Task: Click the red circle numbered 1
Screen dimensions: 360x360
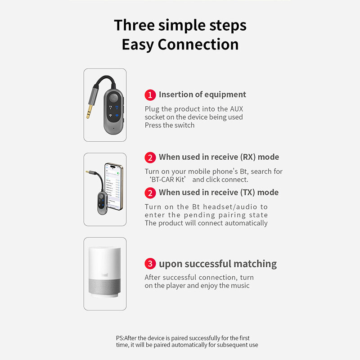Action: [150, 95]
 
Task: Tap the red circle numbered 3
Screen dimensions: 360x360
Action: [150, 264]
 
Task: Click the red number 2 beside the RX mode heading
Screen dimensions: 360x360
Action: [150, 157]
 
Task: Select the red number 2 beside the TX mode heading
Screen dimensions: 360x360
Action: [150, 193]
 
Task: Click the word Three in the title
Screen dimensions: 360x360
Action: [134, 25]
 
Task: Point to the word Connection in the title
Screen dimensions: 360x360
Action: [198, 44]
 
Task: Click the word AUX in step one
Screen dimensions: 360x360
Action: [237, 109]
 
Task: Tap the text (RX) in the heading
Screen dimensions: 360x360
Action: [248, 157]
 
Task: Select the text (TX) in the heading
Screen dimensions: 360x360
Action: [247, 193]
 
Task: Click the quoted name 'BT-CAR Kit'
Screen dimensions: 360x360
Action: [167, 180]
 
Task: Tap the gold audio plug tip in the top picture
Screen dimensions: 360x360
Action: [89, 112]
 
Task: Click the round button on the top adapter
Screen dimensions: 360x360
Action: [113, 98]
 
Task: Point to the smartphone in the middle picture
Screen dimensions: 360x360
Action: [114, 186]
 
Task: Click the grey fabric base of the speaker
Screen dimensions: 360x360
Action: [105, 286]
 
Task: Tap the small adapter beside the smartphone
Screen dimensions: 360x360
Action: [102, 203]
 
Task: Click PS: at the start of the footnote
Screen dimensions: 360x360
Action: [120, 338]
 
